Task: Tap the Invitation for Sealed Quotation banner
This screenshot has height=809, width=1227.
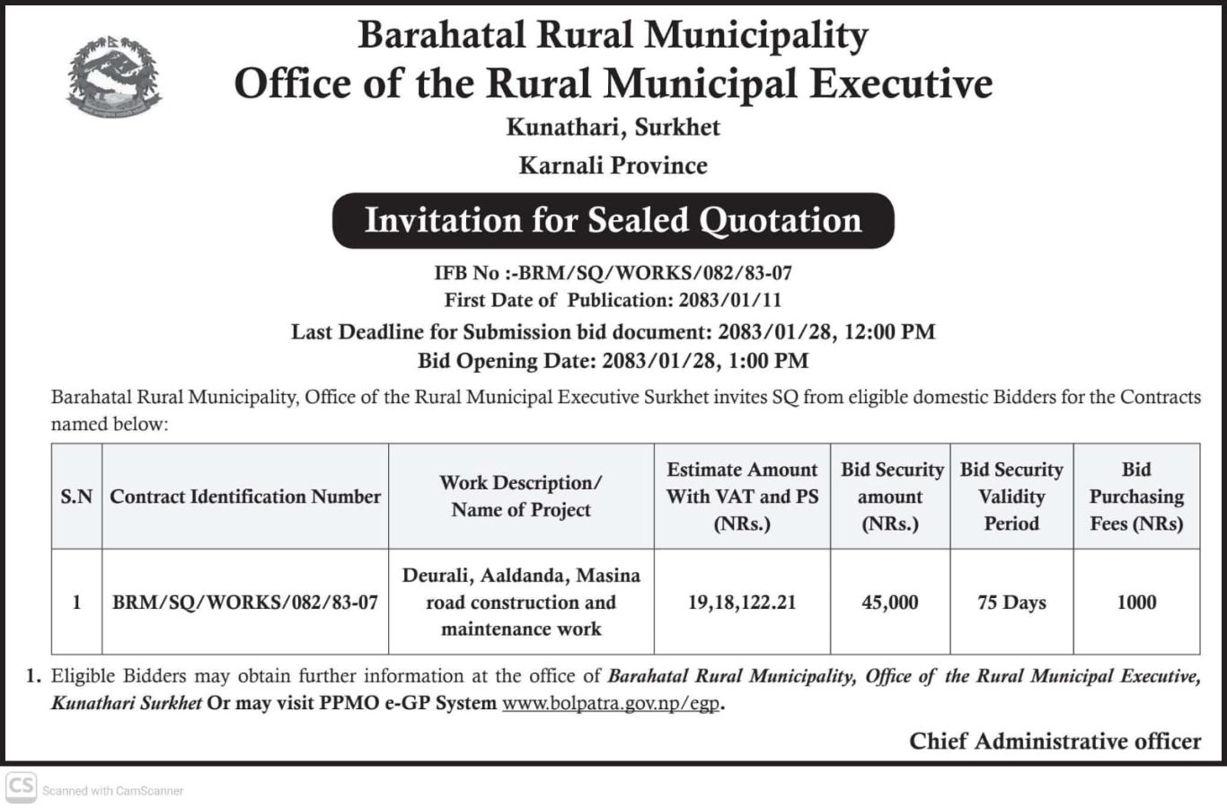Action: click(x=613, y=220)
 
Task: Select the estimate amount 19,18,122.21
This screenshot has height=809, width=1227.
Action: click(x=742, y=602)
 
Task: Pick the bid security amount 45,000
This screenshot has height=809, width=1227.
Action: click(x=889, y=602)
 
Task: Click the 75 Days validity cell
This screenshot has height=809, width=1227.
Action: click(x=1011, y=602)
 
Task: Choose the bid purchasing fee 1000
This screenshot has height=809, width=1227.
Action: click(x=1136, y=602)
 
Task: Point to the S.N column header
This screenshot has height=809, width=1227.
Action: click(x=76, y=497)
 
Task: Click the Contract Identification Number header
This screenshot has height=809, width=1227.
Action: click(x=245, y=497)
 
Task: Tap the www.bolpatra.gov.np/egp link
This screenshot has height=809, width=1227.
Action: click(x=611, y=703)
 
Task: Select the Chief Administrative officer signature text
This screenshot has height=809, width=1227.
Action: click(x=1055, y=741)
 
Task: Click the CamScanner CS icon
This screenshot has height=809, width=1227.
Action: click(x=21, y=787)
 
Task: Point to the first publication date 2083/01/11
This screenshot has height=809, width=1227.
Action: click(x=730, y=300)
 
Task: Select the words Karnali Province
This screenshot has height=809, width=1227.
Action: click(x=613, y=165)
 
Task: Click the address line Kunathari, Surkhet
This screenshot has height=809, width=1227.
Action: click(x=613, y=127)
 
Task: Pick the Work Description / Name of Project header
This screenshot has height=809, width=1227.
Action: click(x=521, y=496)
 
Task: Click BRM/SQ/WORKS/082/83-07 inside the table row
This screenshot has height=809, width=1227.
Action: click(x=244, y=602)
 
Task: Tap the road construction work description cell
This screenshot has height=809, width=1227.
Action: click(x=521, y=602)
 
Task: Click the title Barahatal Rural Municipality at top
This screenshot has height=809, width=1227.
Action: click(x=613, y=36)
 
